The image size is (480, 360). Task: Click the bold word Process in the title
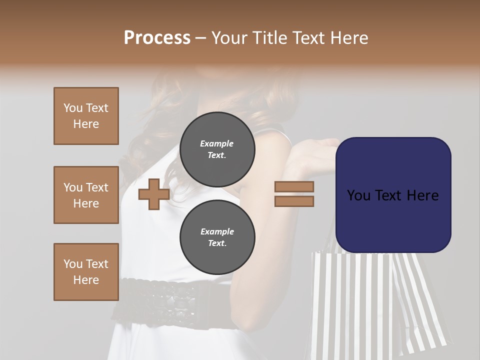(x=157, y=38)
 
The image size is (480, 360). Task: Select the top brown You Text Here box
(x=86, y=116)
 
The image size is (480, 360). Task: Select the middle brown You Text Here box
(x=86, y=195)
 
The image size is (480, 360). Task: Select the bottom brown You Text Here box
(x=86, y=271)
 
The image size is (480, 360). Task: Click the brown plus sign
(x=153, y=194)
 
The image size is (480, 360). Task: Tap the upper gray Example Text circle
(x=217, y=149)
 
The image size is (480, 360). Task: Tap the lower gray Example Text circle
(x=217, y=237)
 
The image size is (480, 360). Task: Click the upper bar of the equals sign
(x=294, y=187)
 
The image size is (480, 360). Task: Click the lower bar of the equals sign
(x=294, y=201)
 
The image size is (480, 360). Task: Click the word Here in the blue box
(x=422, y=195)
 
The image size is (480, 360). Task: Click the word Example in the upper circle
(x=217, y=143)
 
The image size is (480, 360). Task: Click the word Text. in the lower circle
(x=217, y=243)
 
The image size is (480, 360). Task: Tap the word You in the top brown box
(x=72, y=108)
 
